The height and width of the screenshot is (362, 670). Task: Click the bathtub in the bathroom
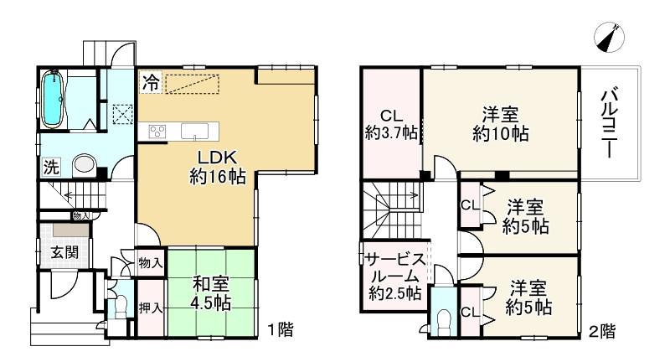[x=53, y=100]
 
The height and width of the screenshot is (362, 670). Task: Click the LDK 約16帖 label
[x=214, y=166]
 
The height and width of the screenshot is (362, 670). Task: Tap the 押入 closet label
[x=150, y=308]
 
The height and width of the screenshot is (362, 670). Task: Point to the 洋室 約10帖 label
[x=499, y=123]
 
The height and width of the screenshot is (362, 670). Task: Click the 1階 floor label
[x=281, y=328]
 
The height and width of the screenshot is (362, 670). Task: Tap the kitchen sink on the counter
[x=194, y=131]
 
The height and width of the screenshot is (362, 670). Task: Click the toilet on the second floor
[x=443, y=319]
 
